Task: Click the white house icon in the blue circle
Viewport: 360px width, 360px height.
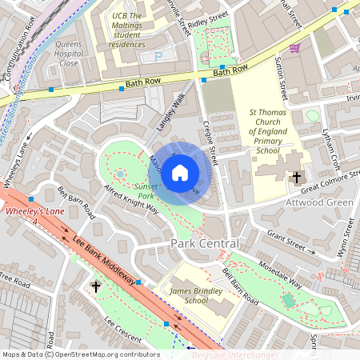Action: point(180,172)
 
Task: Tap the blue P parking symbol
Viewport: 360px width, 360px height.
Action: point(158,56)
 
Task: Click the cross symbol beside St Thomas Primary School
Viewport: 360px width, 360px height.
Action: point(297,178)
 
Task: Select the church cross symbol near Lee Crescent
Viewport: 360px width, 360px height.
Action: point(97,286)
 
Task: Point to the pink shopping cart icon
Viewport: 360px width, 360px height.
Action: point(294,49)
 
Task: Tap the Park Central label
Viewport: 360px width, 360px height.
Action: point(204,242)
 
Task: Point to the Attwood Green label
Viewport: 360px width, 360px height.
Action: point(319,203)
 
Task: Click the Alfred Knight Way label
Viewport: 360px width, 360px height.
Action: point(131,199)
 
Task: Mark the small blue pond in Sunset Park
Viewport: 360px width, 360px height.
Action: point(120,173)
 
